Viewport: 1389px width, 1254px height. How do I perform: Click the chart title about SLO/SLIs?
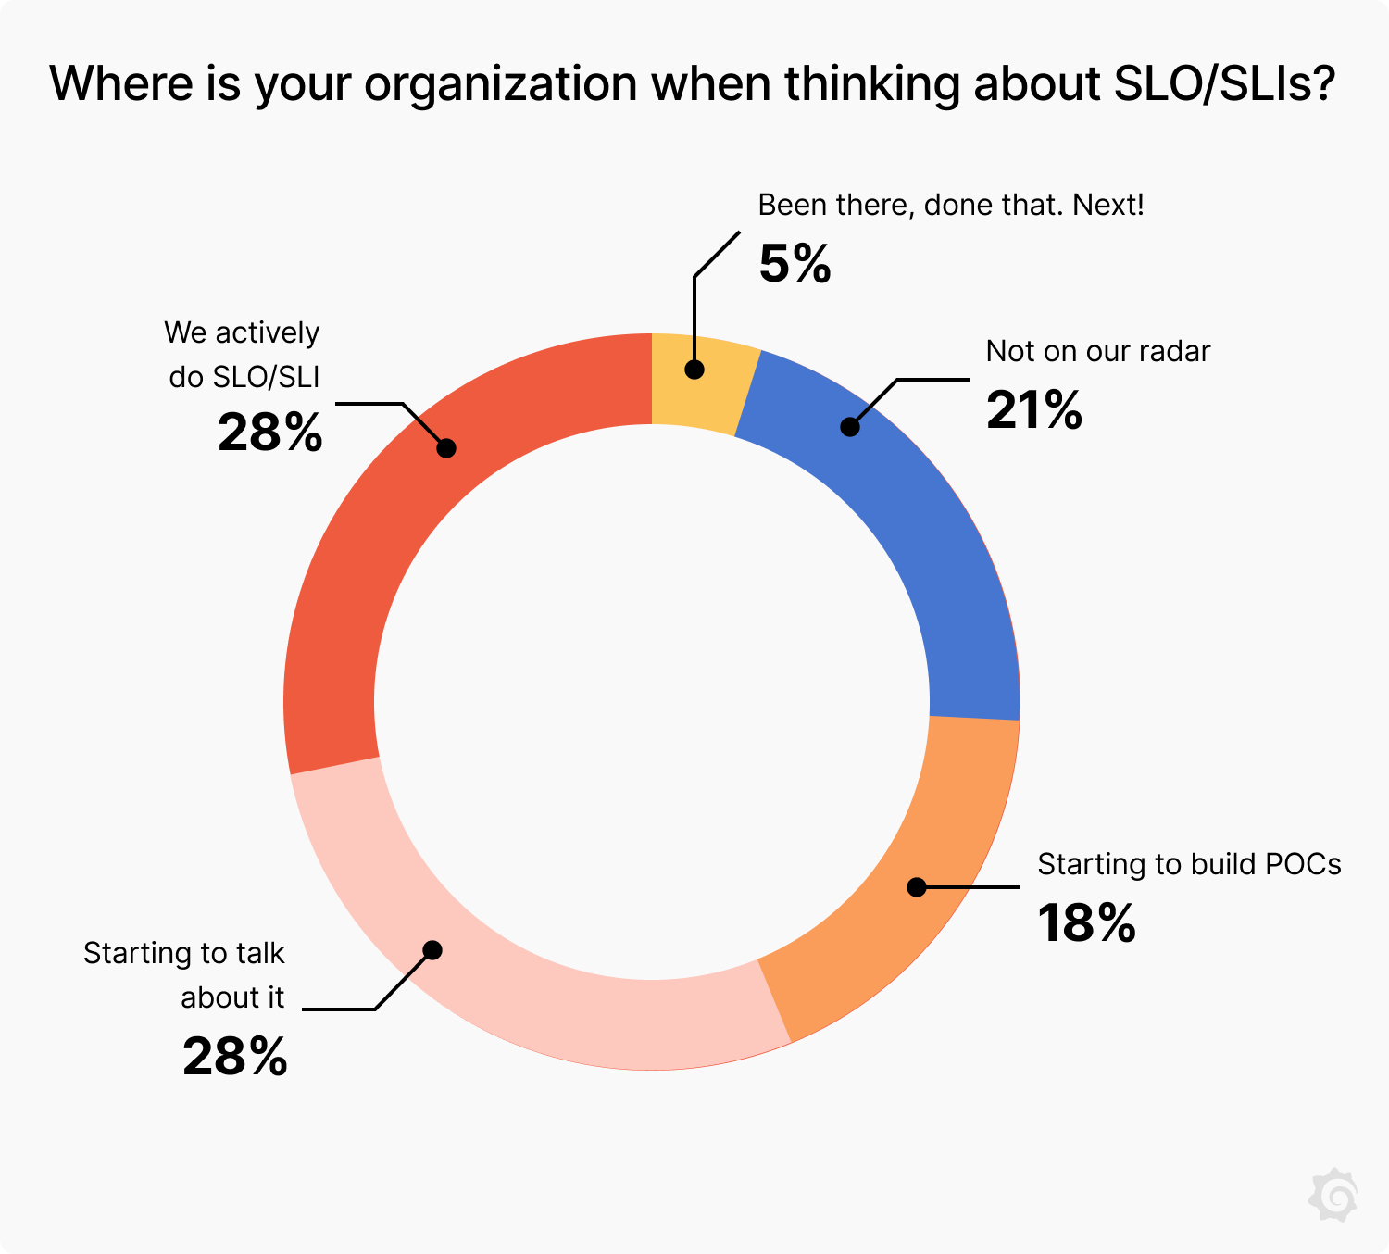click(x=693, y=83)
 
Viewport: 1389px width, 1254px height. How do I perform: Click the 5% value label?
click(x=795, y=264)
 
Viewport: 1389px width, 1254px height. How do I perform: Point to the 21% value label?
click(x=1033, y=409)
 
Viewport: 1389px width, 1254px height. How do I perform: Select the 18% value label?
click(x=1086, y=923)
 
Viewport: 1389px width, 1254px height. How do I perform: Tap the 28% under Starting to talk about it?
click(x=235, y=1056)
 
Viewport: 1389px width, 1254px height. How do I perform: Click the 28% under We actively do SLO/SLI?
click(x=270, y=432)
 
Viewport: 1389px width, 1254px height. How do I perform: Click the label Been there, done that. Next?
click(x=951, y=205)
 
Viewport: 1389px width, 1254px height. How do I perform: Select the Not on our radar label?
click(x=1098, y=351)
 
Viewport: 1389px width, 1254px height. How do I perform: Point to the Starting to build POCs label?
click(x=1189, y=864)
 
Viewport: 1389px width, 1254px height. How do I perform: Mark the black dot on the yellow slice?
click(x=694, y=370)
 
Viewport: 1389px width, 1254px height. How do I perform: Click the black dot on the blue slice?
click(x=850, y=427)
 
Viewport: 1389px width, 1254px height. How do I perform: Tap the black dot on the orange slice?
click(x=917, y=887)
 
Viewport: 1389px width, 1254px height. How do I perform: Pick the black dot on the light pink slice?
click(x=432, y=950)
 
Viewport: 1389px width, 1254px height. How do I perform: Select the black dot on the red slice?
click(x=446, y=448)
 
